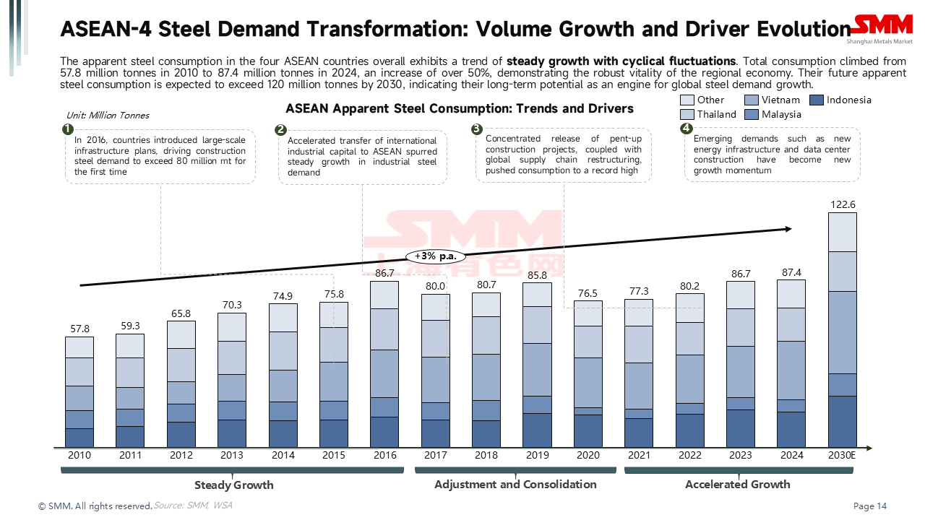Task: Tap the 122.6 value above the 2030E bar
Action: (843, 204)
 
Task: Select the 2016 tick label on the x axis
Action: (384, 456)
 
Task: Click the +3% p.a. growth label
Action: (435, 256)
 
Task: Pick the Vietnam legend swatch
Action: (751, 100)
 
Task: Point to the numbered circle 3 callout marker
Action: (476, 129)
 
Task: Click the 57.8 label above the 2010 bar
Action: (79, 329)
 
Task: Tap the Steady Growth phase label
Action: (233, 485)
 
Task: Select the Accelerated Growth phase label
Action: (737, 484)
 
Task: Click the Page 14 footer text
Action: (870, 506)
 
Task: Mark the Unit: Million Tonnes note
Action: (108, 116)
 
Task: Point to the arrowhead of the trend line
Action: (788, 229)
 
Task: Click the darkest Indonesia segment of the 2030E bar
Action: (843, 421)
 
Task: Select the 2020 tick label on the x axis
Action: (588, 456)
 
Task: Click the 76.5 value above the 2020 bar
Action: (588, 293)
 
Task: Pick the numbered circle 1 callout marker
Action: (67, 129)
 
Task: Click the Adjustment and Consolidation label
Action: (515, 484)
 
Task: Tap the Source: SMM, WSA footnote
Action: (193, 506)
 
